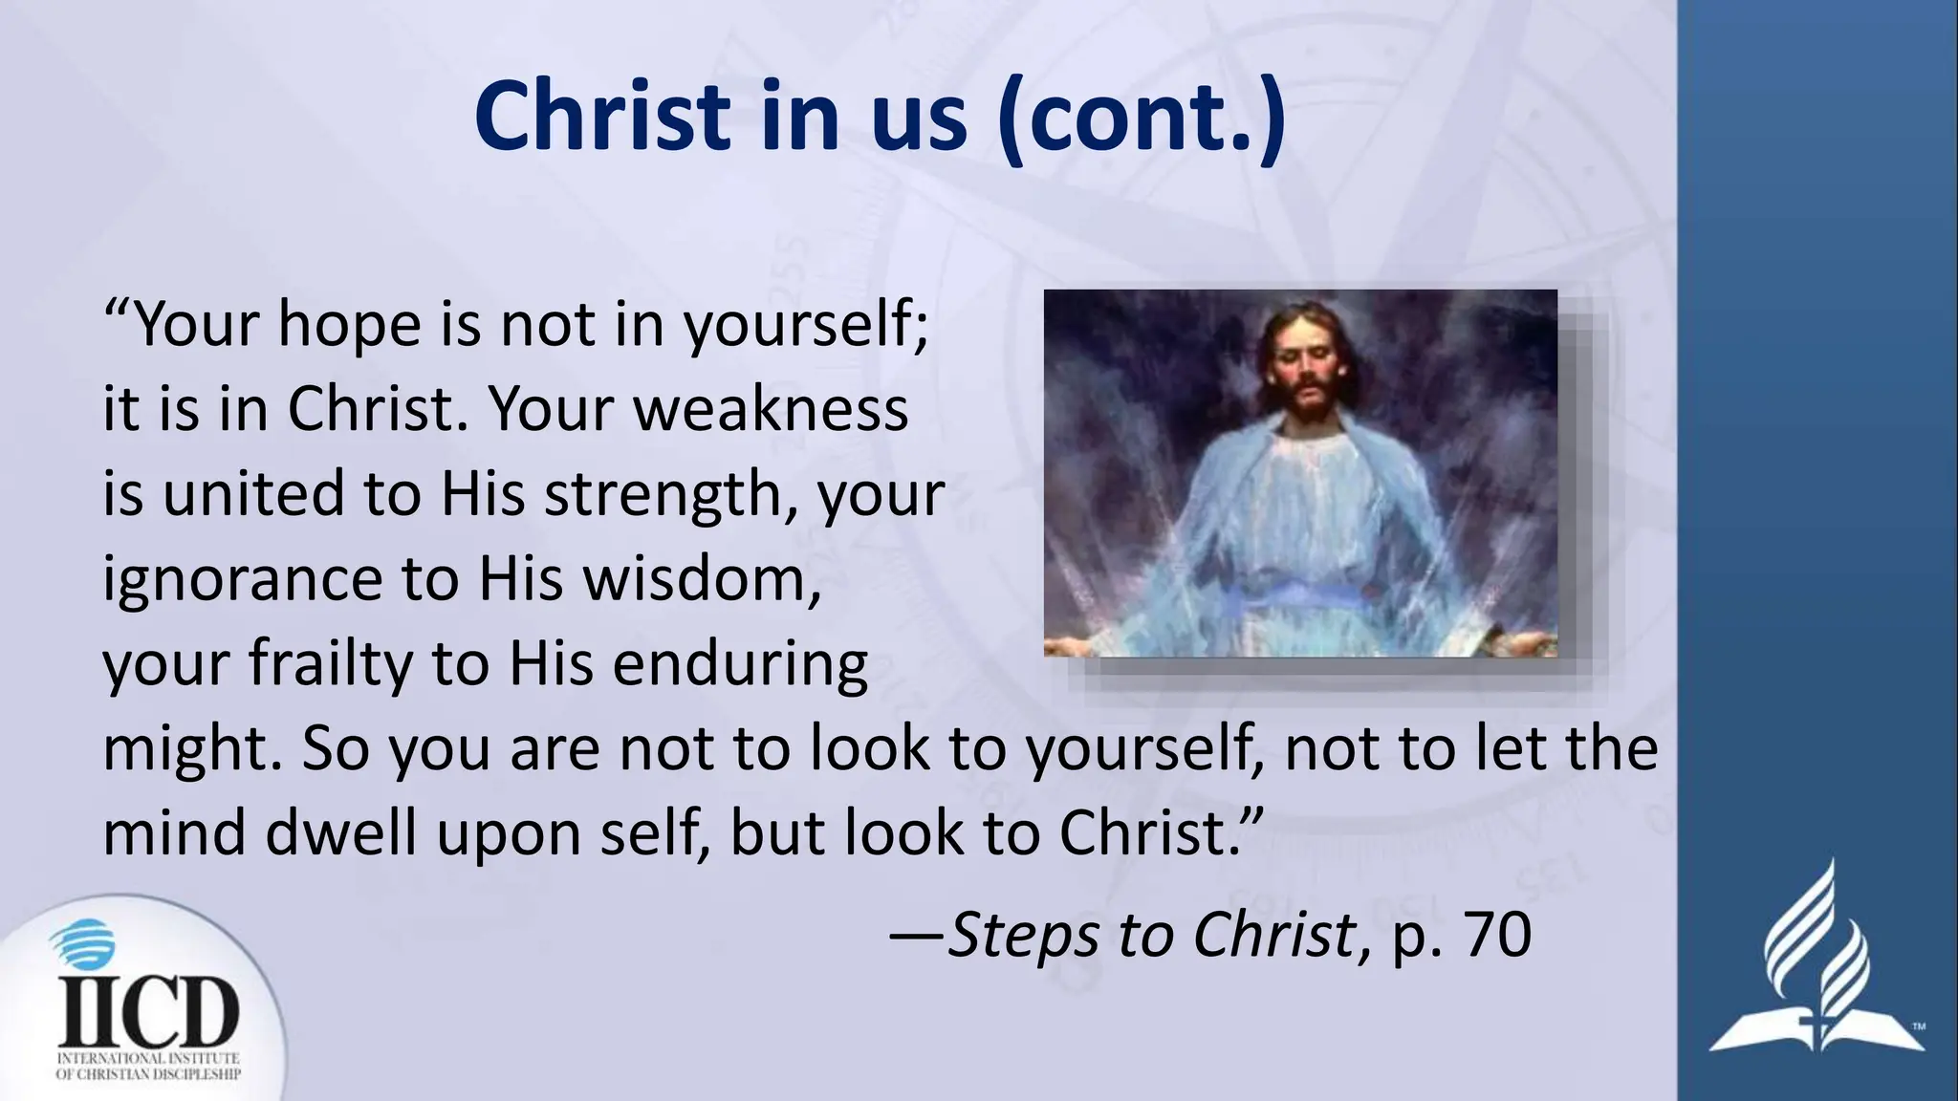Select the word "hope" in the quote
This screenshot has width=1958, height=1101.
349,325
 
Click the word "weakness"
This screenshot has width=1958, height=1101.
771,409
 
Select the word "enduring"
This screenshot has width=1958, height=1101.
740,665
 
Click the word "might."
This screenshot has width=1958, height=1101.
193,749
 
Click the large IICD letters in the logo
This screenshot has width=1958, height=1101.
148,1011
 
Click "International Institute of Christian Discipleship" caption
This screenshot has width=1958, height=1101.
148,1066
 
